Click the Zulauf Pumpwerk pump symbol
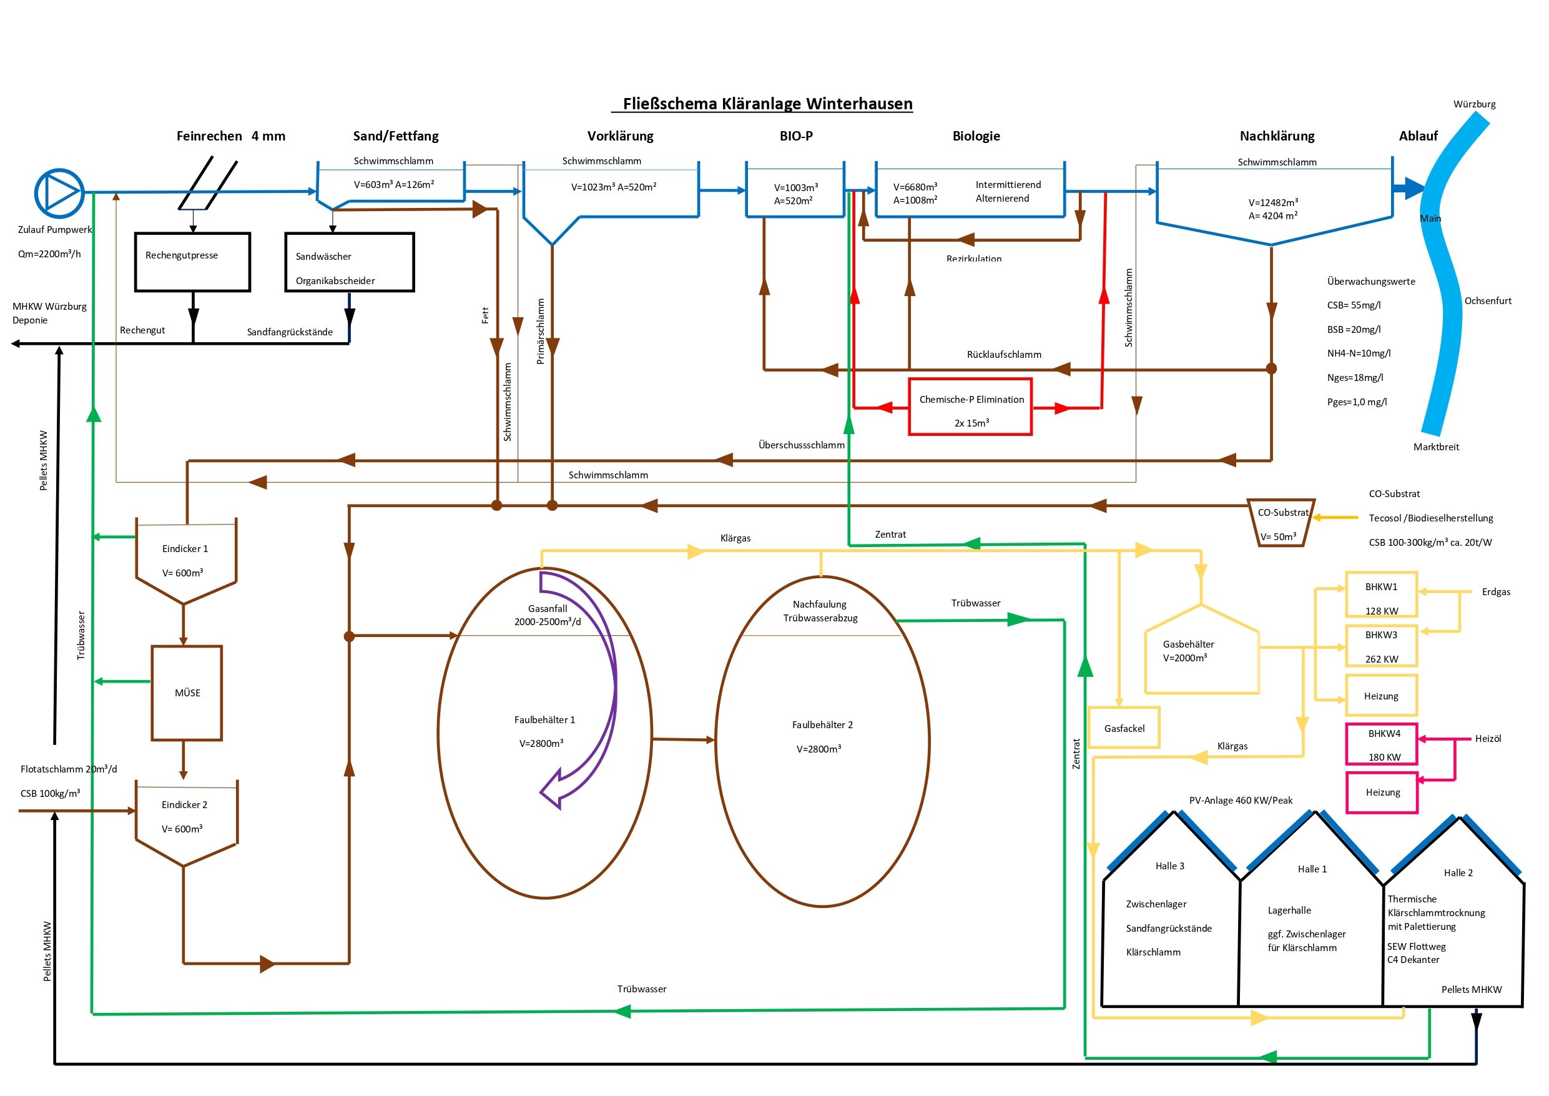point(59,193)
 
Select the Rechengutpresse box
point(192,262)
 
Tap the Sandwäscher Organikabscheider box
point(349,262)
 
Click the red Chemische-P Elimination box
point(970,407)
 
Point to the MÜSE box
point(187,693)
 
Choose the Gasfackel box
point(1124,728)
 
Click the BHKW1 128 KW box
point(1381,595)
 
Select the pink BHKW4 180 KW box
point(1381,744)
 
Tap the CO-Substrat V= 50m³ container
point(1279,523)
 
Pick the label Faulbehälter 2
point(822,725)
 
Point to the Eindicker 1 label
point(185,549)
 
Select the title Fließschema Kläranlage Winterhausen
point(767,104)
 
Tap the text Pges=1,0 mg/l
point(1357,402)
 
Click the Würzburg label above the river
point(1474,104)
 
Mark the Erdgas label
point(1496,592)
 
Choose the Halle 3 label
point(1169,866)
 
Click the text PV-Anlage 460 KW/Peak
point(1241,801)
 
